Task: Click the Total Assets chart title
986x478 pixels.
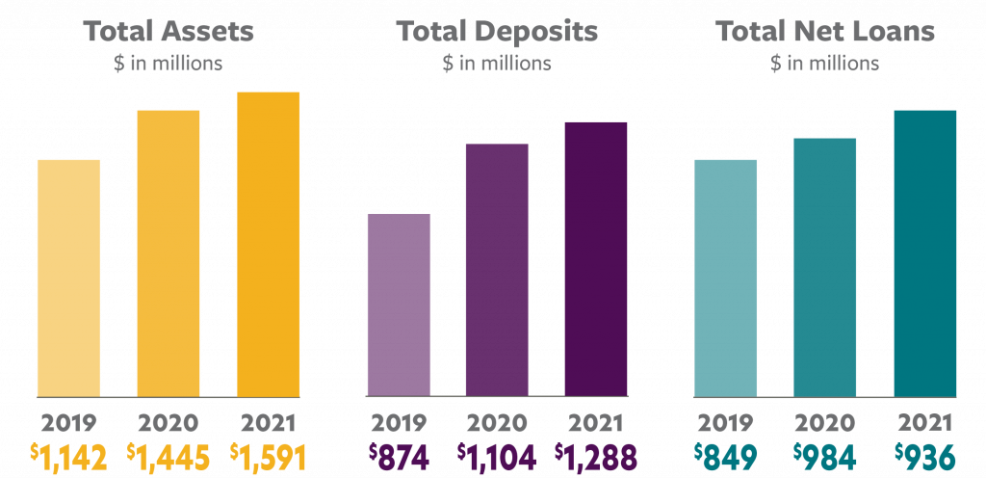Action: [169, 31]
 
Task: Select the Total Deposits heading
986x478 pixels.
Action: [497, 31]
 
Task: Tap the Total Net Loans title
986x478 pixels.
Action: [824, 31]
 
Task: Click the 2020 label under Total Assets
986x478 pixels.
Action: [169, 422]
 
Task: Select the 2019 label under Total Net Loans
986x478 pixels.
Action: [726, 422]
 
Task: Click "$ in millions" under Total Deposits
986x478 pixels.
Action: [497, 65]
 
